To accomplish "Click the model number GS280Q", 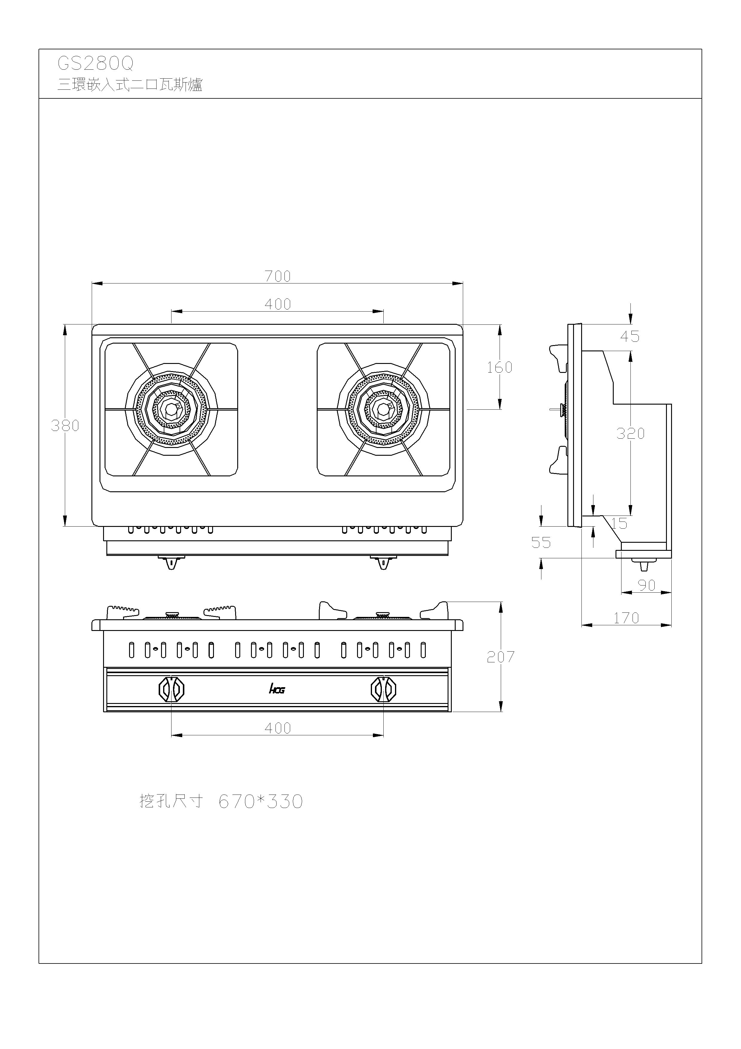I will [x=95, y=64].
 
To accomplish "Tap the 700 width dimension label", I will [x=278, y=276].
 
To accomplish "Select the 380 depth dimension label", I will [x=65, y=426].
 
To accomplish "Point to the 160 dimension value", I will [x=500, y=367].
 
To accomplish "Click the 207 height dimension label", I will [x=501, y=657].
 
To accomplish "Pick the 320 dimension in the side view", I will [x=630, y=433].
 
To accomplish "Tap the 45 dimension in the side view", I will [x=630, y=337].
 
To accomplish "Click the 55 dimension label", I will [x=541, y=543].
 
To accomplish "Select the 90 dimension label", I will [x=647, y=585].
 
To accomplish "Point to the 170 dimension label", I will [x=626, y=618].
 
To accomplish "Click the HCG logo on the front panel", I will [x=277, y=689].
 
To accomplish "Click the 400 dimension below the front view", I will [x=278, y=728].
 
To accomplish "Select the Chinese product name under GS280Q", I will [x=130, y=85].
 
